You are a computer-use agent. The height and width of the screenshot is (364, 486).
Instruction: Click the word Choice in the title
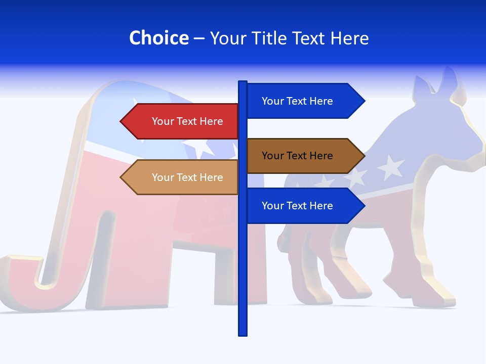point(158,38)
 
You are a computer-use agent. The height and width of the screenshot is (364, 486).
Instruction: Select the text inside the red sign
point(187,121)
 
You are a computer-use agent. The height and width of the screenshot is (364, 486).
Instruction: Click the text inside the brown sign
point(297,156)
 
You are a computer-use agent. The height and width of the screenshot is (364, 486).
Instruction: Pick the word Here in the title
point(349,38)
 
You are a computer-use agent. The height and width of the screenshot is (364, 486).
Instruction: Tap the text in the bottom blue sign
point(297,206)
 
